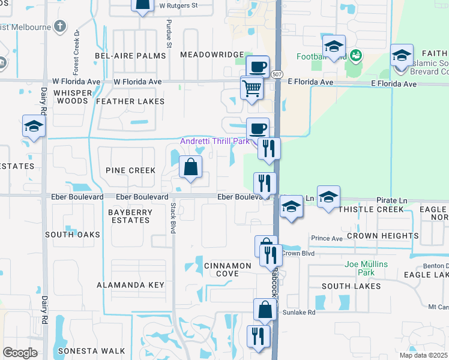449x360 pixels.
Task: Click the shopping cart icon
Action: pos(252,88)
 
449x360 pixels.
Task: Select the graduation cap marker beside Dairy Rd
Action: pos(34,127)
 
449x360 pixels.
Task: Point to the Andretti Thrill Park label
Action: pos(215,142)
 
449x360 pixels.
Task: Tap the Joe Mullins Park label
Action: pos(366,268)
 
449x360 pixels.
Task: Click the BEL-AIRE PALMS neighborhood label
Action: pos(130,56)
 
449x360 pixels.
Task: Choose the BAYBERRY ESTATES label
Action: pos(129,216)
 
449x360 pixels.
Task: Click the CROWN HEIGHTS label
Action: pos(382,236)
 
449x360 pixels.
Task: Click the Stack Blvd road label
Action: pos(172,218)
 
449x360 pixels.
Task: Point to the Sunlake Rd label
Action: pos(299,313)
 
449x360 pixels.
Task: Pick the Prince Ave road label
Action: pos(327,238)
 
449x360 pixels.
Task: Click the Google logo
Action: pos(20,353)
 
